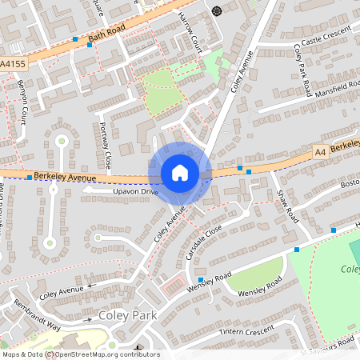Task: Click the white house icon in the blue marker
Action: (x=180, y=173)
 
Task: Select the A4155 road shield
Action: (x=11, y=62)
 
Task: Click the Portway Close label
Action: (x=104, y=145)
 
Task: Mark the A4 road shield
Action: (x=320, y=150)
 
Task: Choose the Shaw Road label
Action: (x=286, y=206)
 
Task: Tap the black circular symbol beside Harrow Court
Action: (x=217, y=10)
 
